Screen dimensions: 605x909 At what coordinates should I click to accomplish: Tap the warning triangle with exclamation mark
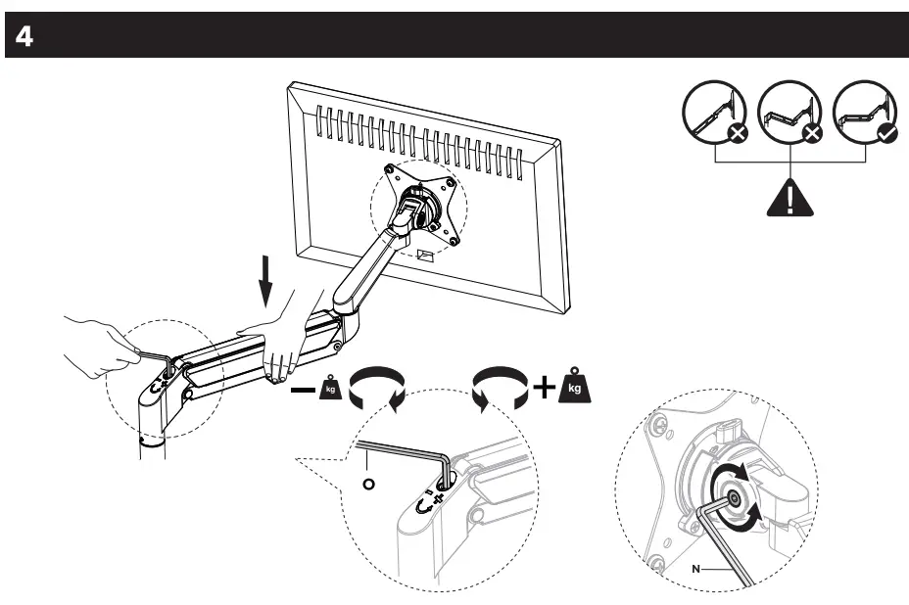[x=789, y=198]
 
